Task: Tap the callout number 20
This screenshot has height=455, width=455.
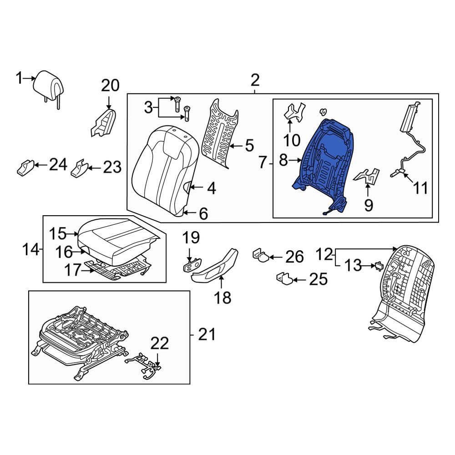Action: pos(110,86)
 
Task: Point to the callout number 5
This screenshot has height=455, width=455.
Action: pos(249,146)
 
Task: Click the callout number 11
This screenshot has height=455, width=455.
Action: pos(421,187)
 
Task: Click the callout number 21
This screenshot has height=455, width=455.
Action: pos(207,335)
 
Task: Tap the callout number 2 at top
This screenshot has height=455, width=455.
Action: pos(255,81)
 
